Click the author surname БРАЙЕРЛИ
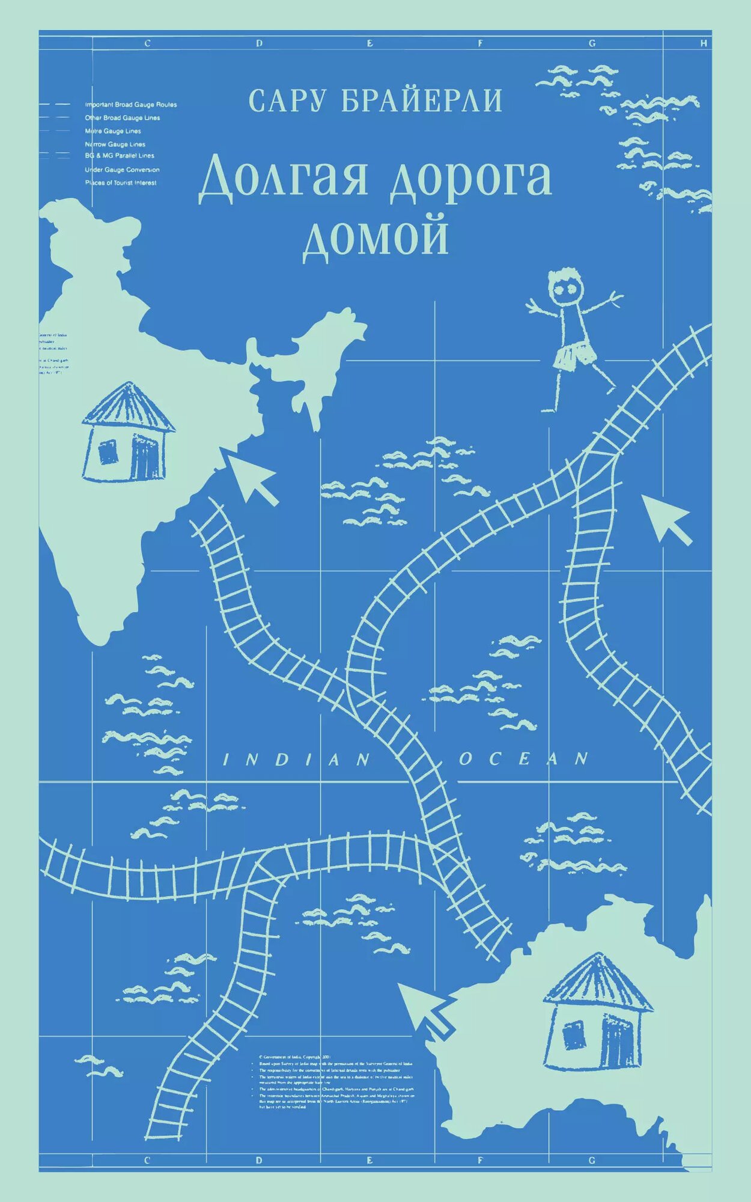[422, 102]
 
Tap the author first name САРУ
[287, 102]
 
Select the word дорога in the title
[470, 178]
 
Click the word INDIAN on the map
[297, 760]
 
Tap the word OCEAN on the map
[523, 758]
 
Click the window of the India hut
[109, 452]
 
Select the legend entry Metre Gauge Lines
[113, 131]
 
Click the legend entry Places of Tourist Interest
[121, 183]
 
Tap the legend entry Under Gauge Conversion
[122, 170]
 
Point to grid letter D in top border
[260, 43]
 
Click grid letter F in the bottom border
[481, 1161]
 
